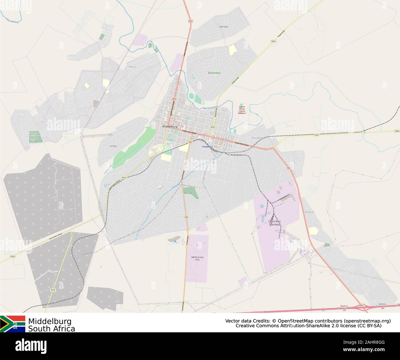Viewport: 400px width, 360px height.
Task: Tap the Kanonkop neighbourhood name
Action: pyautogui.click(x=214, y=73)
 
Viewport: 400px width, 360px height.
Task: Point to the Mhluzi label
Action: pyautogui.click(x=132, y=67)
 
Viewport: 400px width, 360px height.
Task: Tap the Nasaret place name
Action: pyautogui.click(x=310, y=212)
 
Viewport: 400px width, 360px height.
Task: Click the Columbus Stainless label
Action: pyautogui.click(x=274, y=223)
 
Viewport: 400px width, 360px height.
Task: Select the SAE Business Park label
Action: pyautogui.click(x=195, y=258)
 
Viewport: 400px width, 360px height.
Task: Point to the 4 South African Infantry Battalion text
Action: pyautogui.click(x=242, y=110)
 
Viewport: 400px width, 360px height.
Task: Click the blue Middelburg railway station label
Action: pyautogui.click(x=207, y=147)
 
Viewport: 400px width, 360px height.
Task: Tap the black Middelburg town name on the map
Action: pyautogui.click(x=170, y=126)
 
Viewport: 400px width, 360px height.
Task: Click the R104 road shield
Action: pyautogui.click(x=397, y=131)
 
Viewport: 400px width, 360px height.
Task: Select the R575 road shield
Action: pyautogui.click(x=53, y=290)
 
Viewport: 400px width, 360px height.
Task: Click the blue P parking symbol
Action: pyautogui.click(x=175, y=242)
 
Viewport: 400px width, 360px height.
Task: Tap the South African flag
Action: pyautogui.click(x=13, y=324)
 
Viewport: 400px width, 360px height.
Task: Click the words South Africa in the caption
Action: pyautogui.click(x=52, y=329)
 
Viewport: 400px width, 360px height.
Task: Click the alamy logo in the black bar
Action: pyautogui.click(x=31, y=345)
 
